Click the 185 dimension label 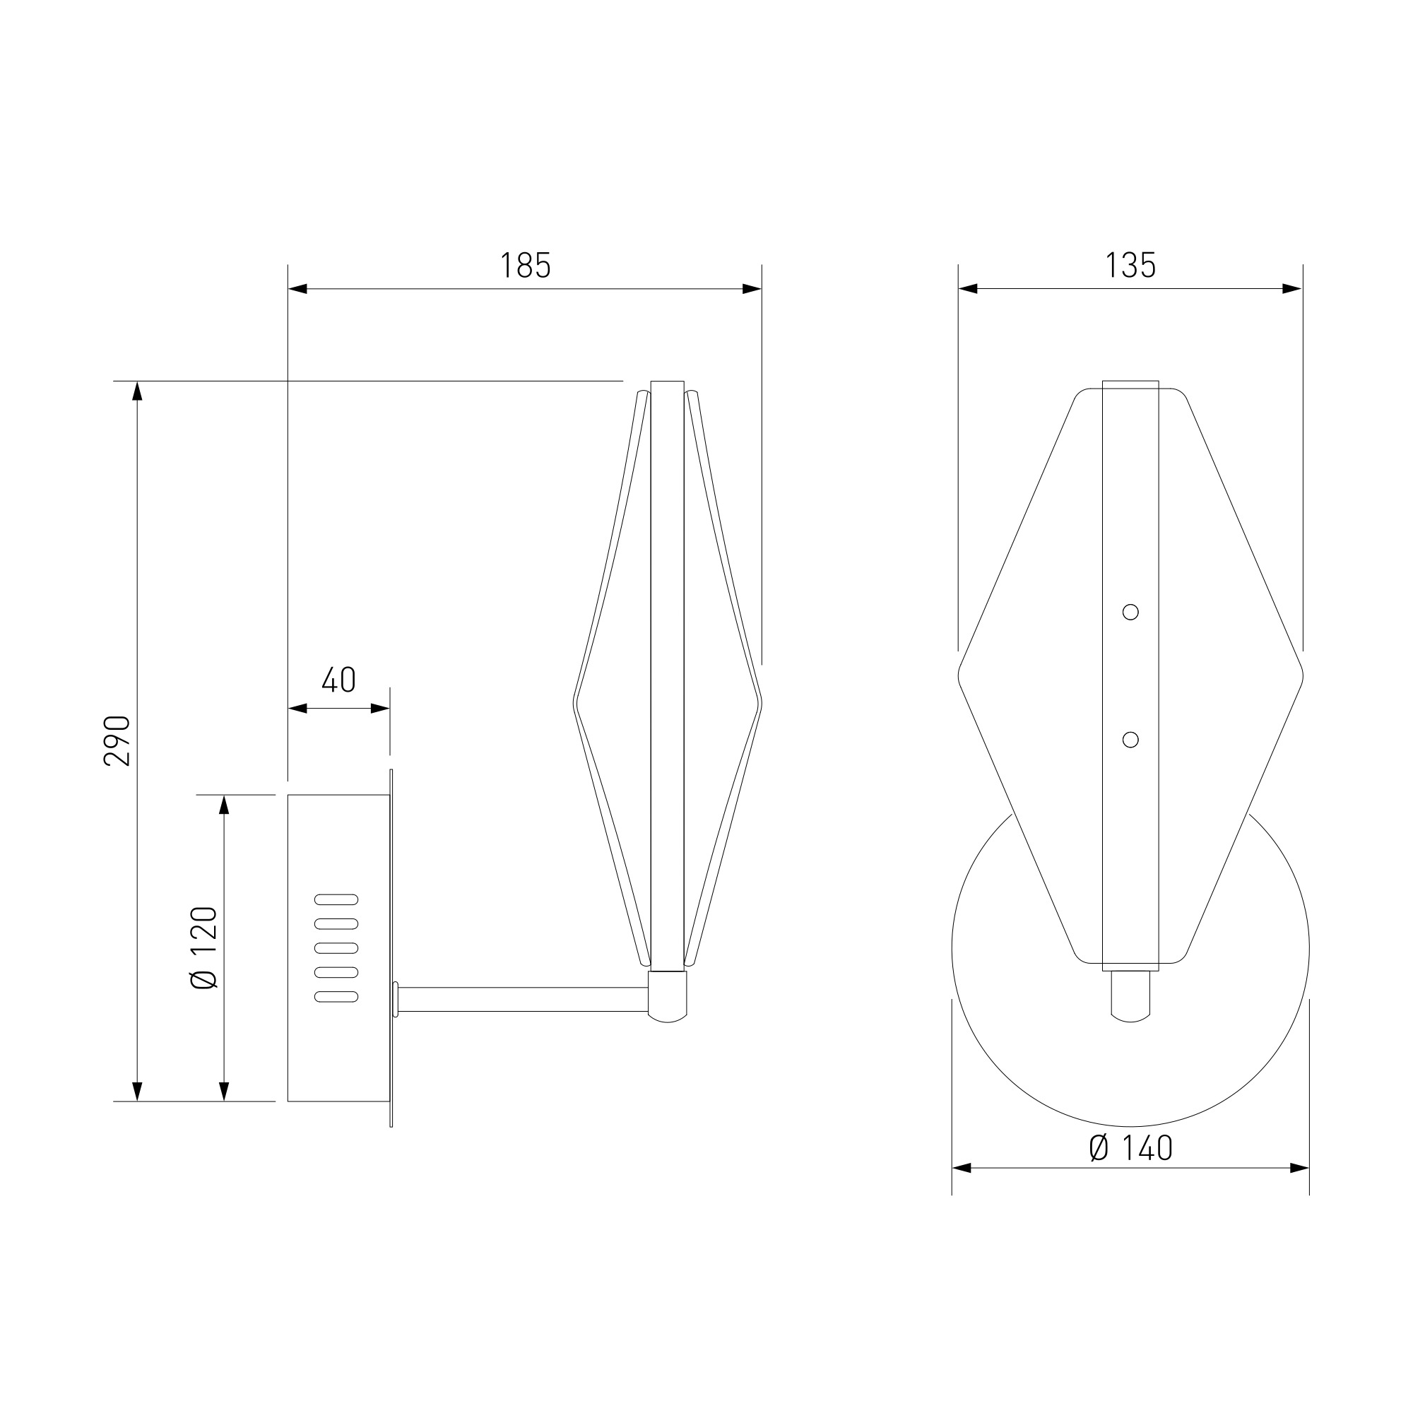pyautogui.click(x=525, y=266)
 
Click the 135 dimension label pyautogui.click(x=1130, y=266)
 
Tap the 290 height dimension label pyautogui.click(x=117, y=741)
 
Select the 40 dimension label pyautogui.click(x=338, y=680)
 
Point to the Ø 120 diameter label pyautogui.click(x=204, y=948)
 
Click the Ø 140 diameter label pyautogui.click(x=1130, y=1148)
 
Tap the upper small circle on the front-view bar pyautogui.click(x=1130, y=611)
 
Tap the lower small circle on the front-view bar pyautogui.click(x=1130, y=740)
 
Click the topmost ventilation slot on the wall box pyautogui.click(x=336, y=899)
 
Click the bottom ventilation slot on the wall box pyautogui.click(x=336, y=996)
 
